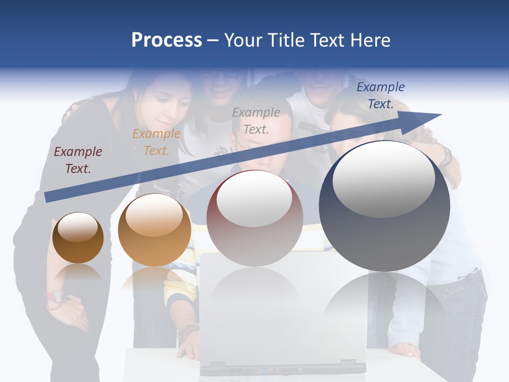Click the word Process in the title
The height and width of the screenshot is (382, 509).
click(166, 40)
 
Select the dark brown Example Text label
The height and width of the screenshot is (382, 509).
click(78, 160)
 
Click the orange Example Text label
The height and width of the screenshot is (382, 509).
click(156, 142)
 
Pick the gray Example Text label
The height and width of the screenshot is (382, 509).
click(256, 120)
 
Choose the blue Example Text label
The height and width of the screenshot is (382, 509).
click(380, 95)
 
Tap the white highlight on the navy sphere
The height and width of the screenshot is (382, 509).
click(383, 179)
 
